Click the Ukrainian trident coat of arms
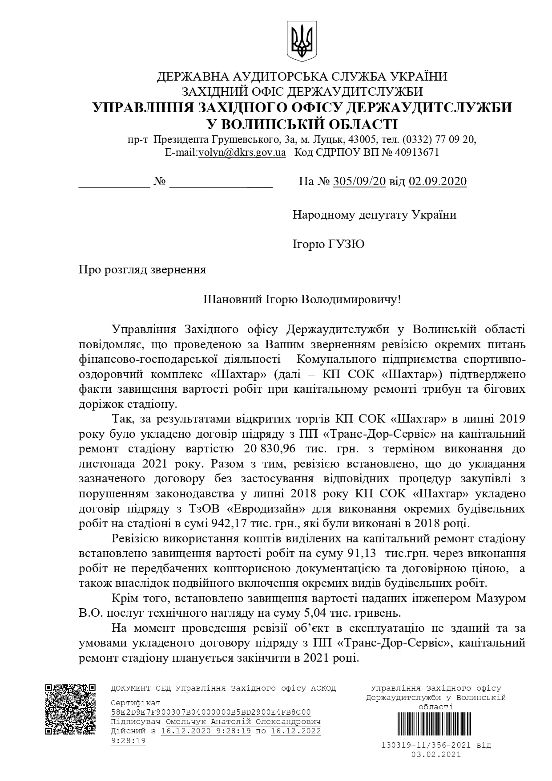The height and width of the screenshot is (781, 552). click(302, 41)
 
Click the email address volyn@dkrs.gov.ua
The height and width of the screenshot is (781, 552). click(242, 152)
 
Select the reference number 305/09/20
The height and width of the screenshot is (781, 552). click(359, 181)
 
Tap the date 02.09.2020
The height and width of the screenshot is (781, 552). click(438, 181)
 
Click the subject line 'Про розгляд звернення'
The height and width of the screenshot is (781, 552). click(142, 270)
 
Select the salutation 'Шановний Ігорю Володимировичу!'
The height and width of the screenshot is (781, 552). click(302, 299)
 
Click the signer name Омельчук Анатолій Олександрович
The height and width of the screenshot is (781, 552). click(243, 722)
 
